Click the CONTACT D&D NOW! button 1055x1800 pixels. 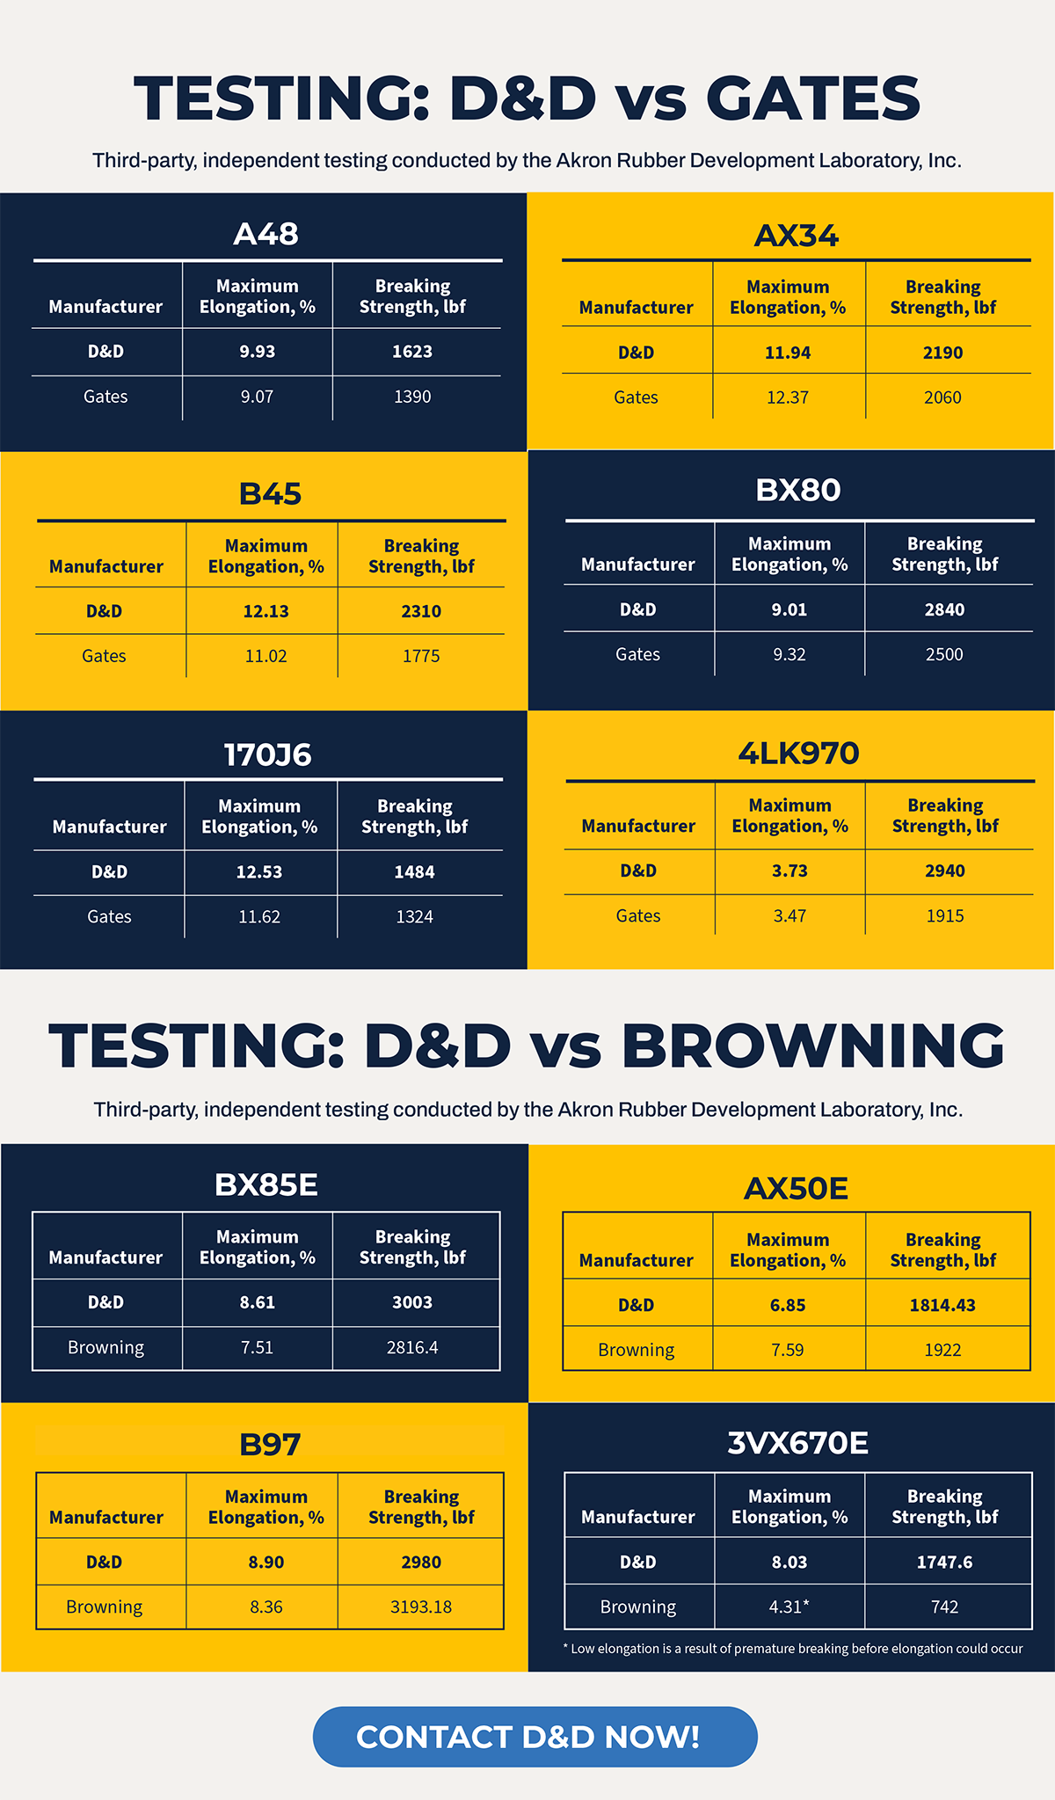tap(535, 1737)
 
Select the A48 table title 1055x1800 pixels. tap(266, 234)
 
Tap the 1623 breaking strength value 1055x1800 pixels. tap(412, 352)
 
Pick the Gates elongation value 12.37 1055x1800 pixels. tap(788, 397)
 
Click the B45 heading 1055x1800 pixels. tap(270, 493)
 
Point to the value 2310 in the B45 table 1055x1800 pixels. tap(421, 611)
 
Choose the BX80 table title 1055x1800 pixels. tap(797, 490)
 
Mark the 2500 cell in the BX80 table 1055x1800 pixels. tap(944, 654)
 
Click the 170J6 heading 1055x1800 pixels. tap(267, 754)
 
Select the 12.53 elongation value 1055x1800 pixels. tap(259, 872)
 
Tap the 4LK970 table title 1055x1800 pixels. tap(797, 754)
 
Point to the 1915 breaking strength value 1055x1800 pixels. tap(945, 915)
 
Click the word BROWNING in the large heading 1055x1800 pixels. tap(812, 1046)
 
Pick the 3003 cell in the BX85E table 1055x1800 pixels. tap(412, 1302)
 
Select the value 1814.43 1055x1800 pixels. tap(942, 1305)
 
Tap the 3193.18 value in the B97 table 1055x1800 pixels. tap(421, 1607)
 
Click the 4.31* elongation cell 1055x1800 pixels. tap(789, 1607)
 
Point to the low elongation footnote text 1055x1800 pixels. tap(793, 1649)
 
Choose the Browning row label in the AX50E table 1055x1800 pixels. tap(636, 1350)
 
